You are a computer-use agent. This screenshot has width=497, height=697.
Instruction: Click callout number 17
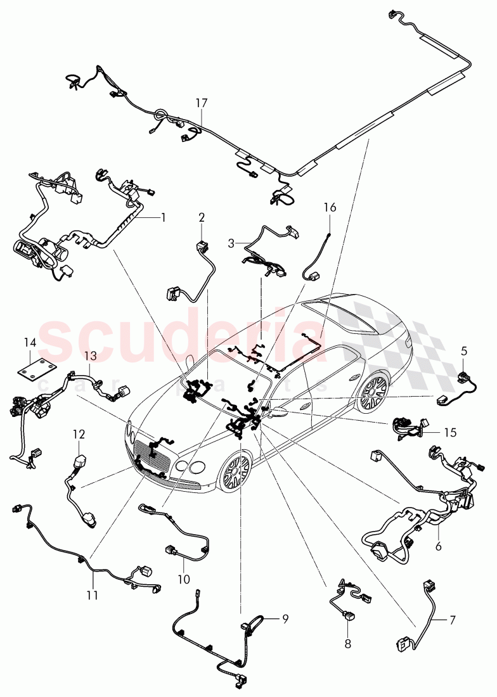point(201,102)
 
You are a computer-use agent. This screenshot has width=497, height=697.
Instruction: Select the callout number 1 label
point(163,217)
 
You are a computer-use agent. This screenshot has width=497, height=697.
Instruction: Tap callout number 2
point(201,217)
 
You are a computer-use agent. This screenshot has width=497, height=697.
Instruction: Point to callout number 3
point(231,243)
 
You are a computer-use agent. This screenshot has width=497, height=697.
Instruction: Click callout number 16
point(330,207)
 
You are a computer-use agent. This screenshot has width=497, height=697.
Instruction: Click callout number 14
point(30,343)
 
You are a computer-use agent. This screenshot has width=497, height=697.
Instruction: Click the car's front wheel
point(236,472)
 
